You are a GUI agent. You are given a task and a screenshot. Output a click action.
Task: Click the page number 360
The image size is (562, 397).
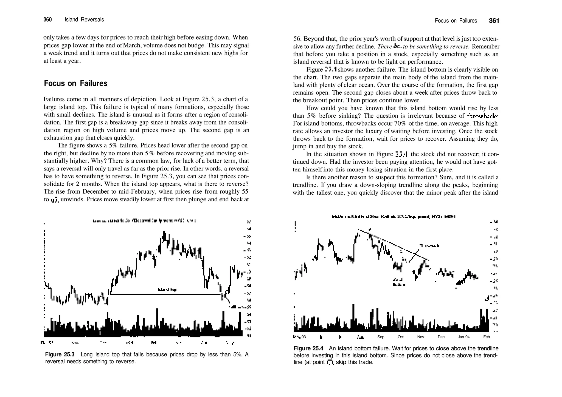47,20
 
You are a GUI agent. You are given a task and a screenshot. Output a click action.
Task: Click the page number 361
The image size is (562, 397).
494,21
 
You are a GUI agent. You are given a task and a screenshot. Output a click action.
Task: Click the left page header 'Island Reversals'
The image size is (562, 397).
84,20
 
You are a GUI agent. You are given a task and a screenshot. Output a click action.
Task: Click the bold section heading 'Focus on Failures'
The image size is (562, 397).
75,83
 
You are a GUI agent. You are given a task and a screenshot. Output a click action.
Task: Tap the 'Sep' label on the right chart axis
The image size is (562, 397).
381,337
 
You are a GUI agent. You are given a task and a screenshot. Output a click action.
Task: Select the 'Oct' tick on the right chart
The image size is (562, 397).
401,337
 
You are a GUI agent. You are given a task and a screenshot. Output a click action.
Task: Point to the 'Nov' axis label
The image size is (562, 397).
421,337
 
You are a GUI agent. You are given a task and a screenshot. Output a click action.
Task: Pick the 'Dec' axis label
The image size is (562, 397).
441,337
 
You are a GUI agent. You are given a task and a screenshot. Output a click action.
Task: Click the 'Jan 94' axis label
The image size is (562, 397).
463,337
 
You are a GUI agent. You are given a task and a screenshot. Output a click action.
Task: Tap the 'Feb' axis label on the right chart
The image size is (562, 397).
486,337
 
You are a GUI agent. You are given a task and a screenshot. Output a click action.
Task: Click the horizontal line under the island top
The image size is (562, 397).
165,294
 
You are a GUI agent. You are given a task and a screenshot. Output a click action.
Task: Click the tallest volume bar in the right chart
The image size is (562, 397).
353,317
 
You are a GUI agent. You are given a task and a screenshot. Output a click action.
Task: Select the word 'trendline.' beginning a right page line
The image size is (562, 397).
304,185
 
